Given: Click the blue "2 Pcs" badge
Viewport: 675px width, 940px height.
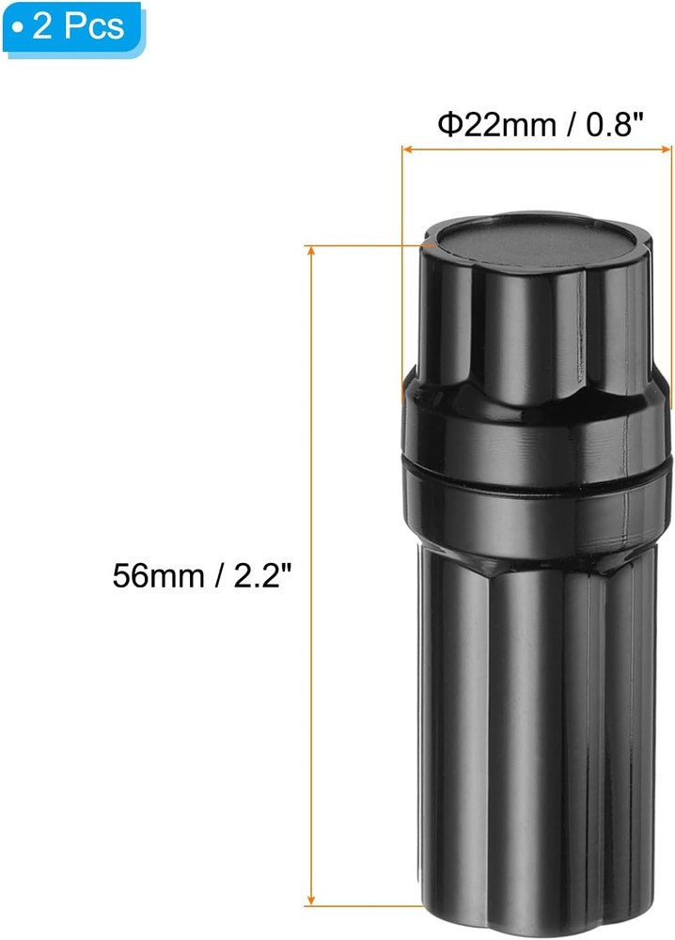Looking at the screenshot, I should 71,25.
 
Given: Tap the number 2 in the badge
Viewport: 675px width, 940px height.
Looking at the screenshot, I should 42,25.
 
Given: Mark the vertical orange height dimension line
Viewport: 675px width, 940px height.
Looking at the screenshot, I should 311,423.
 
